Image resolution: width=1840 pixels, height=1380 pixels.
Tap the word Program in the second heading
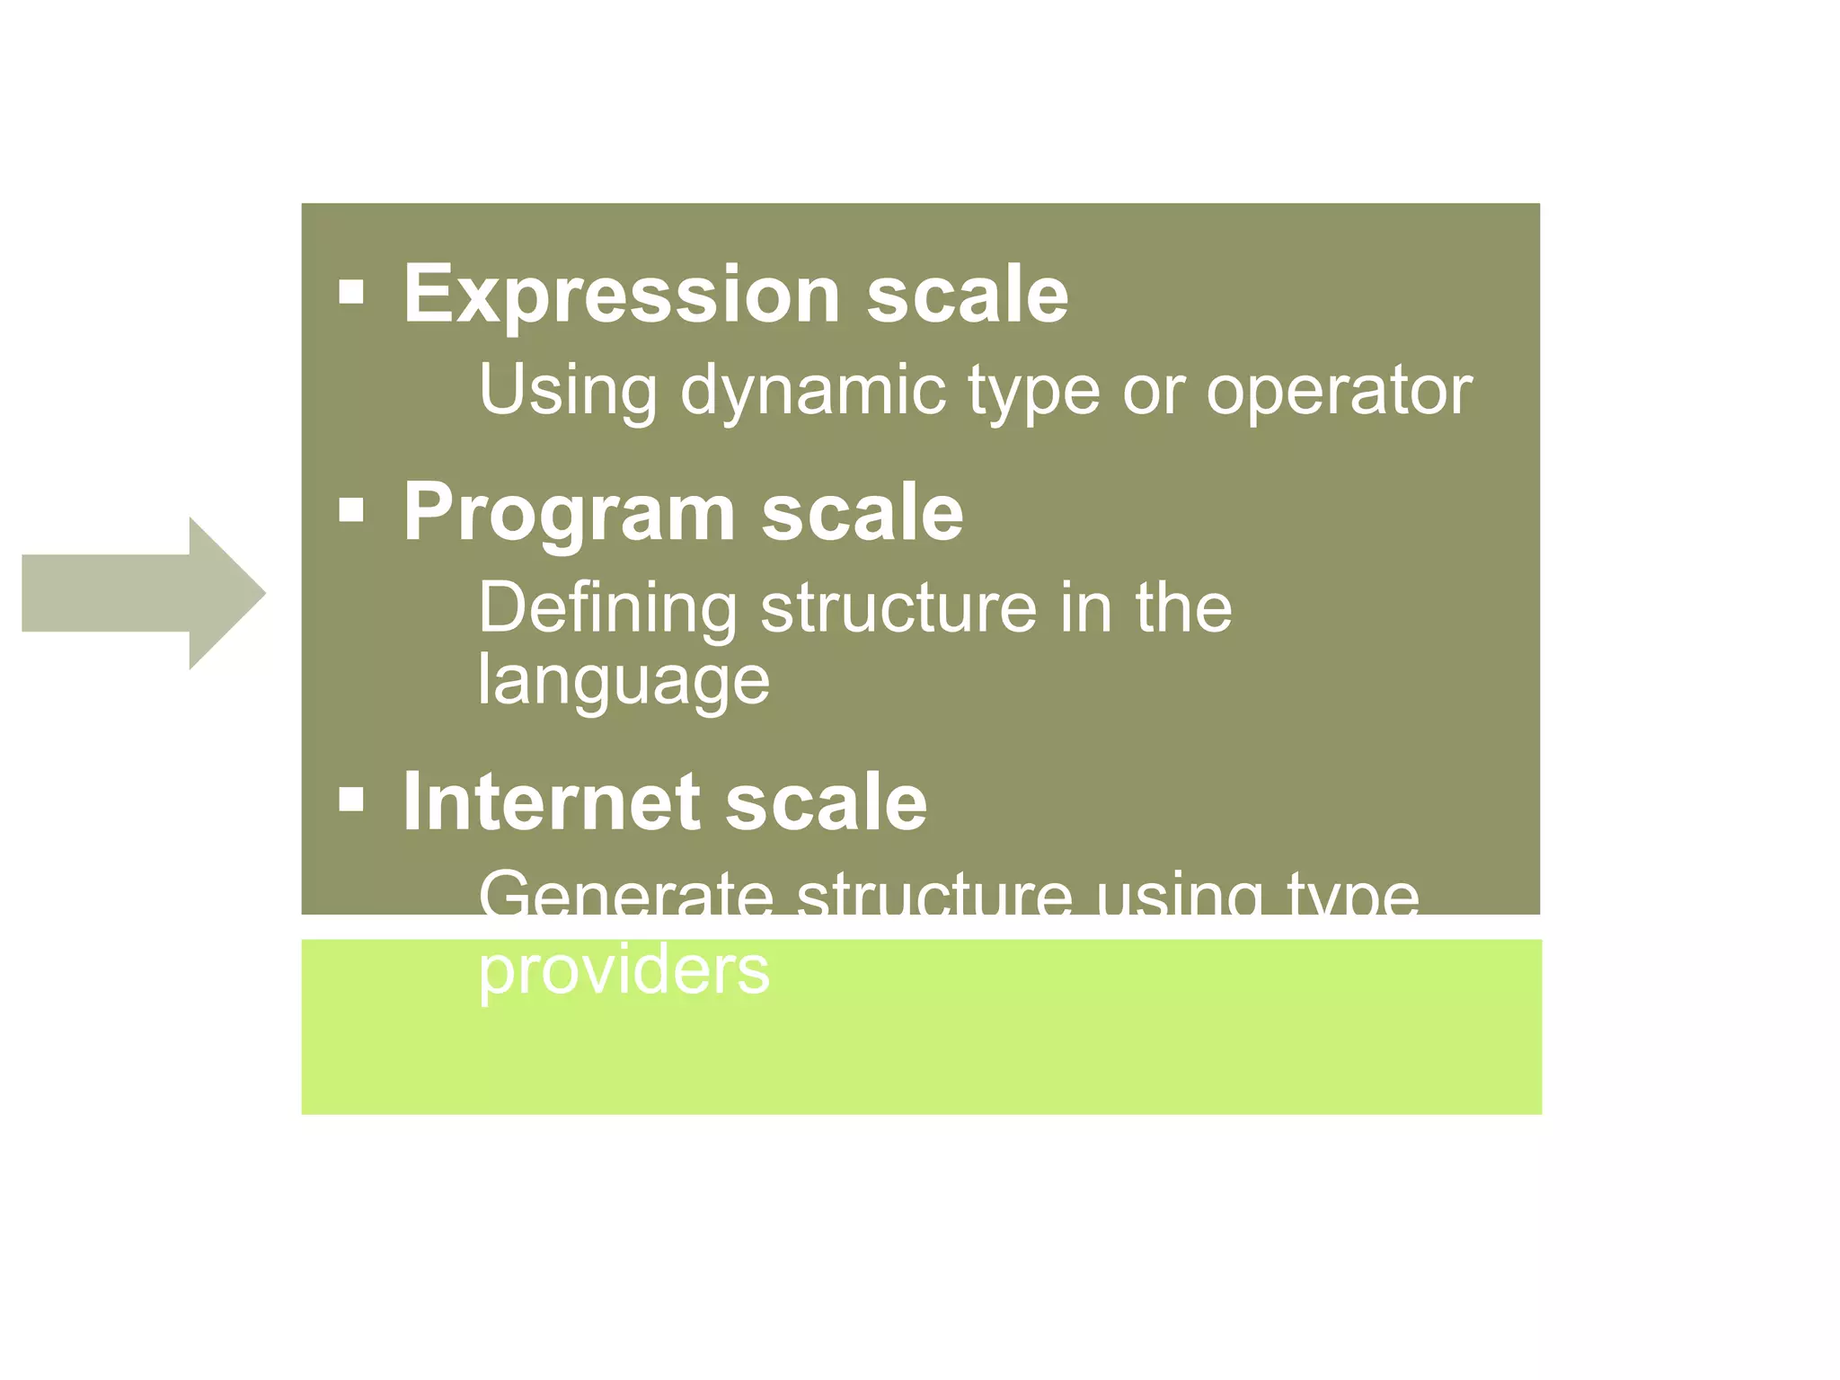(569, 513)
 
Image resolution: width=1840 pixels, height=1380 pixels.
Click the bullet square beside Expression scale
(351, 292)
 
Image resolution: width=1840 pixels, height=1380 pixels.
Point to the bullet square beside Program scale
(351, 510)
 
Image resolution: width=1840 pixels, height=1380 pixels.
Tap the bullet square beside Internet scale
(351, 799)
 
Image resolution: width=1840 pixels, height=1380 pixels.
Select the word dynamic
(813, 392)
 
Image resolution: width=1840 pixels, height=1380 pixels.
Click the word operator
(1339, 392)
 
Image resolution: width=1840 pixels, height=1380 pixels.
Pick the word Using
(568, 392)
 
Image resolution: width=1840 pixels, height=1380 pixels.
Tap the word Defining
(607, 609)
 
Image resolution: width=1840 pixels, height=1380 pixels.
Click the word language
(624, 681)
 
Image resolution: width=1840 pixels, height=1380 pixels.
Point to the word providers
(624, 970)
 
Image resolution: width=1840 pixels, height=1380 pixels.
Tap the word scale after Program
(862, 513)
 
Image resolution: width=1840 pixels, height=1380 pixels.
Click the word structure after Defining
(898, 609)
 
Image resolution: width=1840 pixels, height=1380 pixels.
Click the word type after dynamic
(1033, 392)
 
